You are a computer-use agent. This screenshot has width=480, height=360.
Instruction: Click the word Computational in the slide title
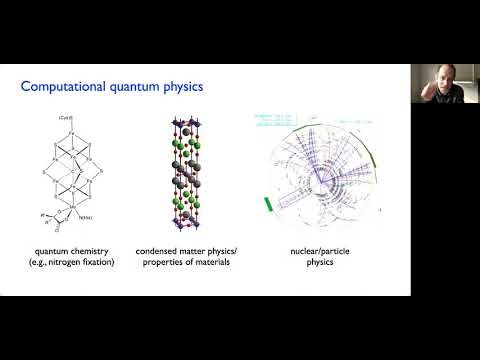[x=61, y=88]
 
